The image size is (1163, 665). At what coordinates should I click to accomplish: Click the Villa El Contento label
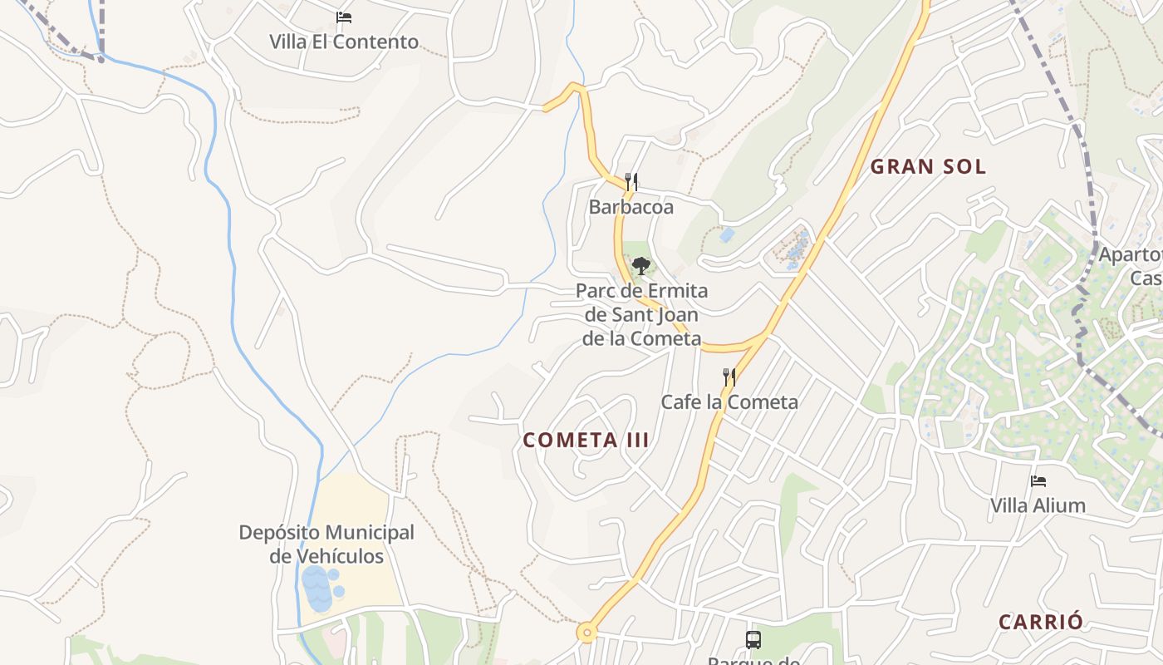click(344, 42)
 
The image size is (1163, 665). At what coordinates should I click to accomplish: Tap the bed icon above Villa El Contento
click(344, 17)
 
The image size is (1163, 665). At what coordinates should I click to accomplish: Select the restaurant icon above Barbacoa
click(631, 181)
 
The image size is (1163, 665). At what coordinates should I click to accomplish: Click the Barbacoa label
click(631, 207)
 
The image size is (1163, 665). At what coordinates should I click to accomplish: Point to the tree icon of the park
click(640, 266)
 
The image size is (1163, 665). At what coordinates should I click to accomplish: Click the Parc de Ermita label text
click(642, 291)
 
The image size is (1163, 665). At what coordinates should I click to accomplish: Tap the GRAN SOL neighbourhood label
click(928, 166)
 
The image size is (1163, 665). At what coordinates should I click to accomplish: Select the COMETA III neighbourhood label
click(586, 441)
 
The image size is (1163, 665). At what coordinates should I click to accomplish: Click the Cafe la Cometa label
click(729, 402)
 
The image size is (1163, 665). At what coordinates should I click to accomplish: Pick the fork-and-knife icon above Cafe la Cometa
click(729, 377)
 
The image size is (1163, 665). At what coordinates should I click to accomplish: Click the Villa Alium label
click(1038, 505)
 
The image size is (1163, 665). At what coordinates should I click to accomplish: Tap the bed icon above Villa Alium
click(1038, 480)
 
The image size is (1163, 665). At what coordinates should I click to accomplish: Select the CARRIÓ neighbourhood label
click(1041, 622)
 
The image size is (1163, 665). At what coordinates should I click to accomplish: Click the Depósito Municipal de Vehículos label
click(326, 544)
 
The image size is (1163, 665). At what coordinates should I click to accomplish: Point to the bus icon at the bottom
click(753, 640)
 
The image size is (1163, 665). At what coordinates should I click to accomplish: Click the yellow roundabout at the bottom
click(587, 633)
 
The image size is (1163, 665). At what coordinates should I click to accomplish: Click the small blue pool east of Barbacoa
click(727, 235)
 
